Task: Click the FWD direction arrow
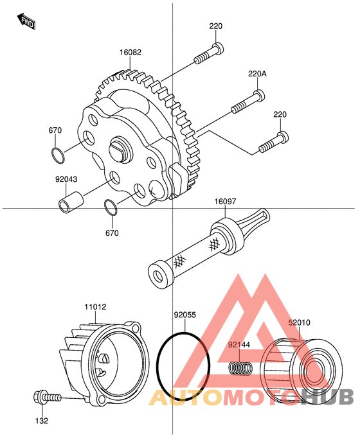[x=26, y=21]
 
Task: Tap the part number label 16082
[x=130, y=52]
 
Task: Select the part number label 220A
[x=257, y=74]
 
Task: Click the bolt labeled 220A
[x=248, y=102]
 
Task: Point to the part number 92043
[x=66, y=179]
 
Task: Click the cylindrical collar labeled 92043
[x=71, y=203]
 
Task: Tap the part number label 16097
[x=225, y=201]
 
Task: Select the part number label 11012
[x=95, y=307]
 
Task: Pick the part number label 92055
[x=184, y=315]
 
